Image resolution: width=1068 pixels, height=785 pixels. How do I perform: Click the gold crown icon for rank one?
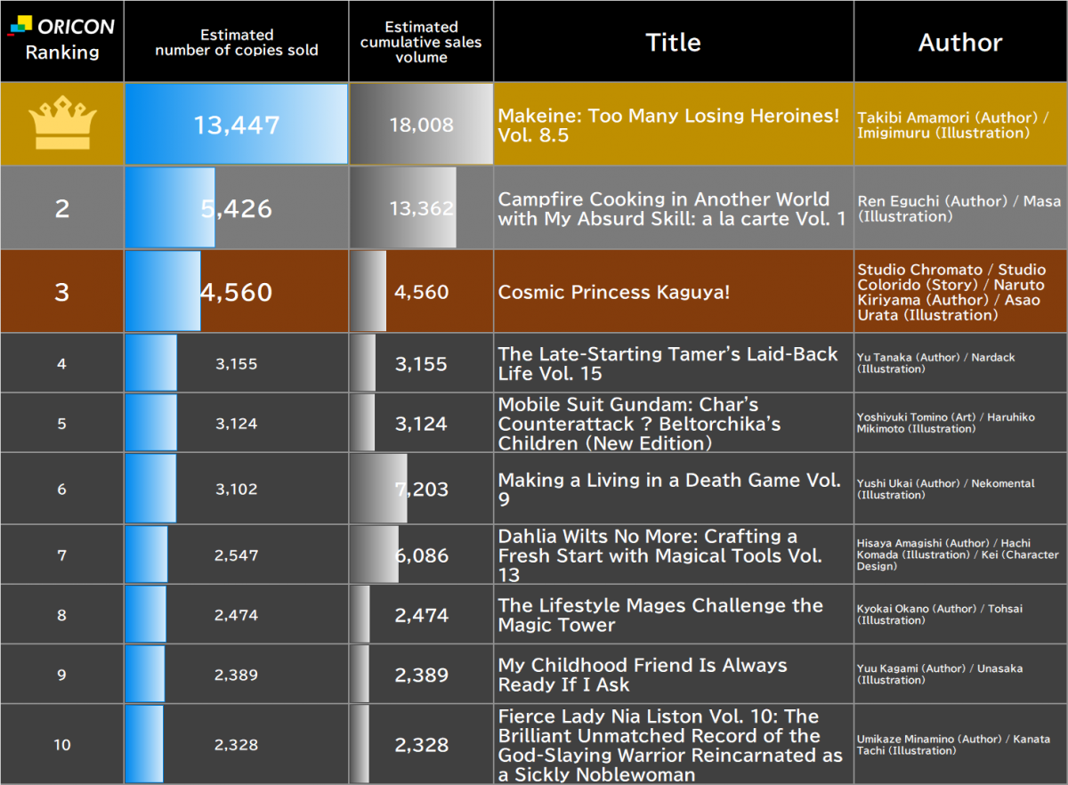pyautogui.click(x=62, y=123)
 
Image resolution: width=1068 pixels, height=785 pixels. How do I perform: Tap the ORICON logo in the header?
pyautogui.click(x=62, y=26)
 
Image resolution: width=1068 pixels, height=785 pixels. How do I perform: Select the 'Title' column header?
pyautogui.click(x=673, y=42)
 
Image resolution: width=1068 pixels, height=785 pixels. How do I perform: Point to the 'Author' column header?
pyautogui.click(x=960, y=42)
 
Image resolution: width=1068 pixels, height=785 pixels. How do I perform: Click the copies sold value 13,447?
pyautogui.click(x=237, y=125)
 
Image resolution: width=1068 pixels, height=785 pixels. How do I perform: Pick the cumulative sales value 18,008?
pyautogui.click(x=422, y=125)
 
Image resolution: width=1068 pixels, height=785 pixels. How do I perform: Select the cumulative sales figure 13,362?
pyautogui.click(x=422, y=208)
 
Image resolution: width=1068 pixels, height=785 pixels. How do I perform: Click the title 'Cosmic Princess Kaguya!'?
pyautogui.click(x=613, y=292)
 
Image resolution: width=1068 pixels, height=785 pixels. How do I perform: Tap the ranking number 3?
pyautogui.click(x=62, y=292)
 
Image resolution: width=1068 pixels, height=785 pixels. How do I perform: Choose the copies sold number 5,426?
pyautogui.click(x=237, y=208)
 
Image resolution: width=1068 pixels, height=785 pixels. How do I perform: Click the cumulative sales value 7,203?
pyautogui.click(x=422, y=489)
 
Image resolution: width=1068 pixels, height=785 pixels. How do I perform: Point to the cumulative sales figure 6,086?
pyautogui.click(x=422, y=555)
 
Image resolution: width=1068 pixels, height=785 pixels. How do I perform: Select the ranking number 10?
pyautogui.click(x=62, y=744)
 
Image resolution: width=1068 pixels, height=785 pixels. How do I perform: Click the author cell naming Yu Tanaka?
pyautogui.click(x=935, y=363)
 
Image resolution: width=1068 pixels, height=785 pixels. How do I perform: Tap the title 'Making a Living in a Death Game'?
pyautogui.click(x=669, y=490)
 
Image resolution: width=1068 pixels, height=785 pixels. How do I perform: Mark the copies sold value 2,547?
pyautogui.click(x=237, y=555)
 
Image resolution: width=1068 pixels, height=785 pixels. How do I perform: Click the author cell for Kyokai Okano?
pyautogui.click(x=939, y=614)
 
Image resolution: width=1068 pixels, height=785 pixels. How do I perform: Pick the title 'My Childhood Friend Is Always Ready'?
pyautogui.click(x=643, y=675)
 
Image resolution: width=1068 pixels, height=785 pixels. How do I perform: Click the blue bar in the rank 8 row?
pyautogui.click(x=146, y=614)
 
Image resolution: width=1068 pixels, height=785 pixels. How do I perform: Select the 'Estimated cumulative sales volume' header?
pyautogui.click(x=421, y=42)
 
